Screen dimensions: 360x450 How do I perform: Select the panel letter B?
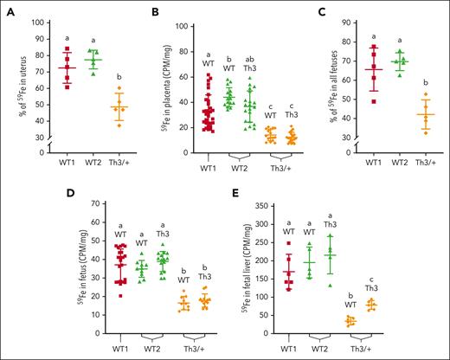tap(155, 12)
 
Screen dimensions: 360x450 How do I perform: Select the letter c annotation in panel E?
tap(371, 278)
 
